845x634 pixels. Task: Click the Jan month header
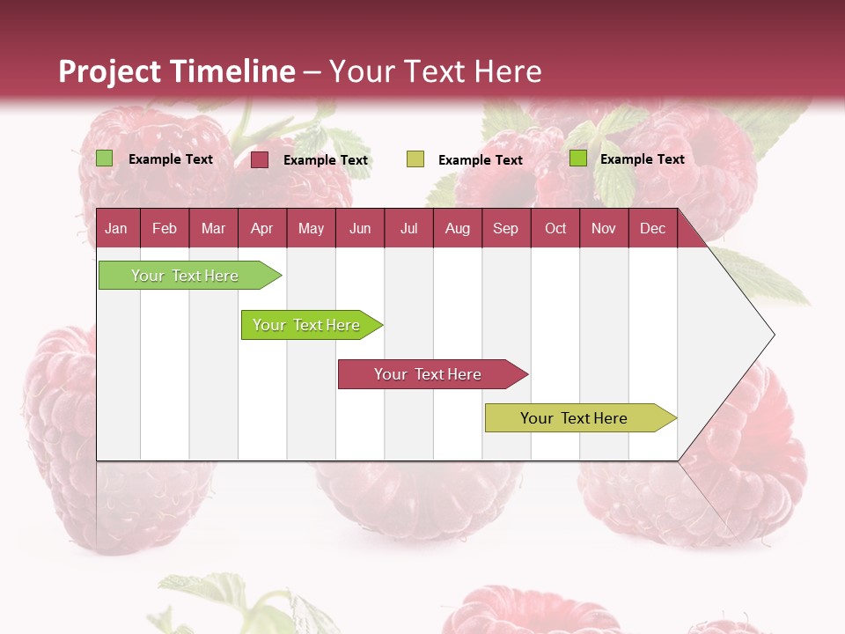pyautogui.click(x=116, y=228)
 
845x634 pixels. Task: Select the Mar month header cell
pyautogui.click(x=213, y=228)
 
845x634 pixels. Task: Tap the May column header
pyautogui.click(x=311, y=228)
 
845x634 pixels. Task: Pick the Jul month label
pyautogui.click(x=408, y=228)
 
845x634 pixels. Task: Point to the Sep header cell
pyautogui.click(x=505, y=228)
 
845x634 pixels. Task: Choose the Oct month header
pyautogui.click(x=555, y=228)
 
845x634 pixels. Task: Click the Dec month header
pyautogui.click(x=652, y=228)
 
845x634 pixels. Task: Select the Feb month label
pyautogui.click(x=165, y=228)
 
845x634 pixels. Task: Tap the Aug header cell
pyautogui.click(x=457, y=228)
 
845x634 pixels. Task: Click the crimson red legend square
pyautogui.click(x=260, y=159)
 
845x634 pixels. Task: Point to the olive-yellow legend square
pyautogui.click(x=415, y=159)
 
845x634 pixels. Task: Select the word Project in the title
pyautogui.click(x=109, y=71)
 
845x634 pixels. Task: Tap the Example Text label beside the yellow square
pyautogui.click(x=480, y=160)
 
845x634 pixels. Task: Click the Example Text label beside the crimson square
pyautogui.click(x=325, y=160)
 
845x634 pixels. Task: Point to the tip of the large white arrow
pyautogui.click(x=773, y=335)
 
